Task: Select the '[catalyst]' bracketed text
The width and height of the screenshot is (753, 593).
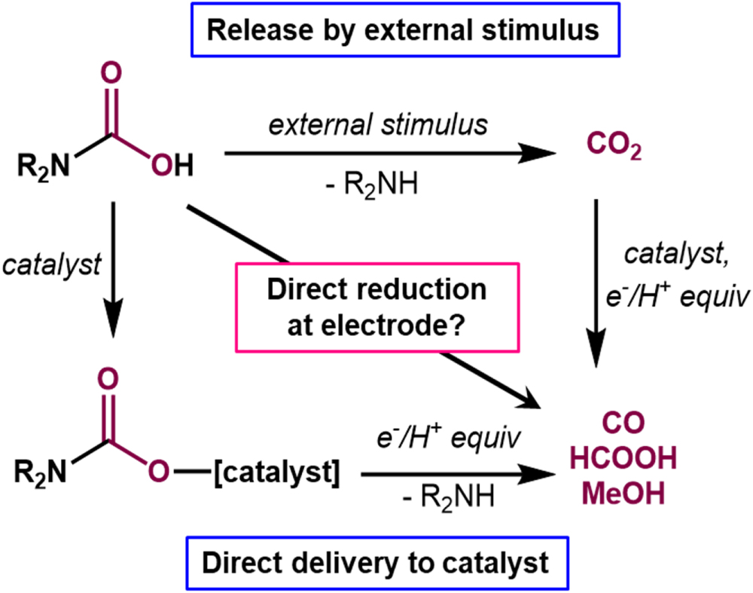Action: click(279, 474)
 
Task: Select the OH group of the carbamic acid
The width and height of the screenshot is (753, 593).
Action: click(170, 163)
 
